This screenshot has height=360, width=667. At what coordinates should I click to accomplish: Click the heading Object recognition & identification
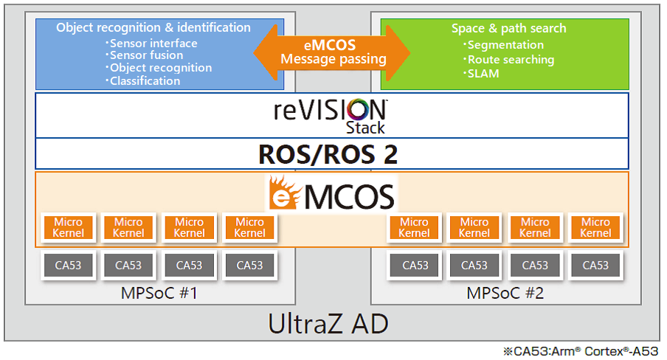click(x=153, y=27)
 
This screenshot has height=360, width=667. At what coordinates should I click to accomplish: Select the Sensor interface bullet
click(x=151, y=44)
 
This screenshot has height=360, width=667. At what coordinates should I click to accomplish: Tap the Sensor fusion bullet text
click(x=145, y=55)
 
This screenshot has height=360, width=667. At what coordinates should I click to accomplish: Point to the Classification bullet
click(x=143, y=81)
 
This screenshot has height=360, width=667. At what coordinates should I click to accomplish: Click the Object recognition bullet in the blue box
click(x=159, y=68)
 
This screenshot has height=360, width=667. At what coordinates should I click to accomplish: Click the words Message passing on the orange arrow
click(x=333, y=59)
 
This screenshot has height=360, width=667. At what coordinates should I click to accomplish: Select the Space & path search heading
click(x=509, y=29)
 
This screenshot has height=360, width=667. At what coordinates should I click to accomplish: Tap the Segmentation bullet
click(x=504, y=45)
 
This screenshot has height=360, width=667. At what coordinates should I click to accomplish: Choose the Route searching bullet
click(x=509, y=60)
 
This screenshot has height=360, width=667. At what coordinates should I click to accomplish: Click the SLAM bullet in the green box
click(x=482, y=74)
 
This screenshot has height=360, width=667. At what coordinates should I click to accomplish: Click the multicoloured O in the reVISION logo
click(x=359, y=110)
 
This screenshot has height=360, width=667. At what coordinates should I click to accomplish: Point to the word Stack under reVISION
click(x=365, y=128)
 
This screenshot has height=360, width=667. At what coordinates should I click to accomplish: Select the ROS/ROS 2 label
click(x=328, y=154)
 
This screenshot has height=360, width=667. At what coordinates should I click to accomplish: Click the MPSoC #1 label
click(x=159, y=293)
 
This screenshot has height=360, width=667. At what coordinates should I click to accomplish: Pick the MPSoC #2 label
click(x=505, y=293)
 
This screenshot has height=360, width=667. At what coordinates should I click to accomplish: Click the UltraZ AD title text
click(x=328, y=324)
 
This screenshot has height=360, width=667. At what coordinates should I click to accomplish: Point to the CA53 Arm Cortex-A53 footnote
click(x=581, y=351)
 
